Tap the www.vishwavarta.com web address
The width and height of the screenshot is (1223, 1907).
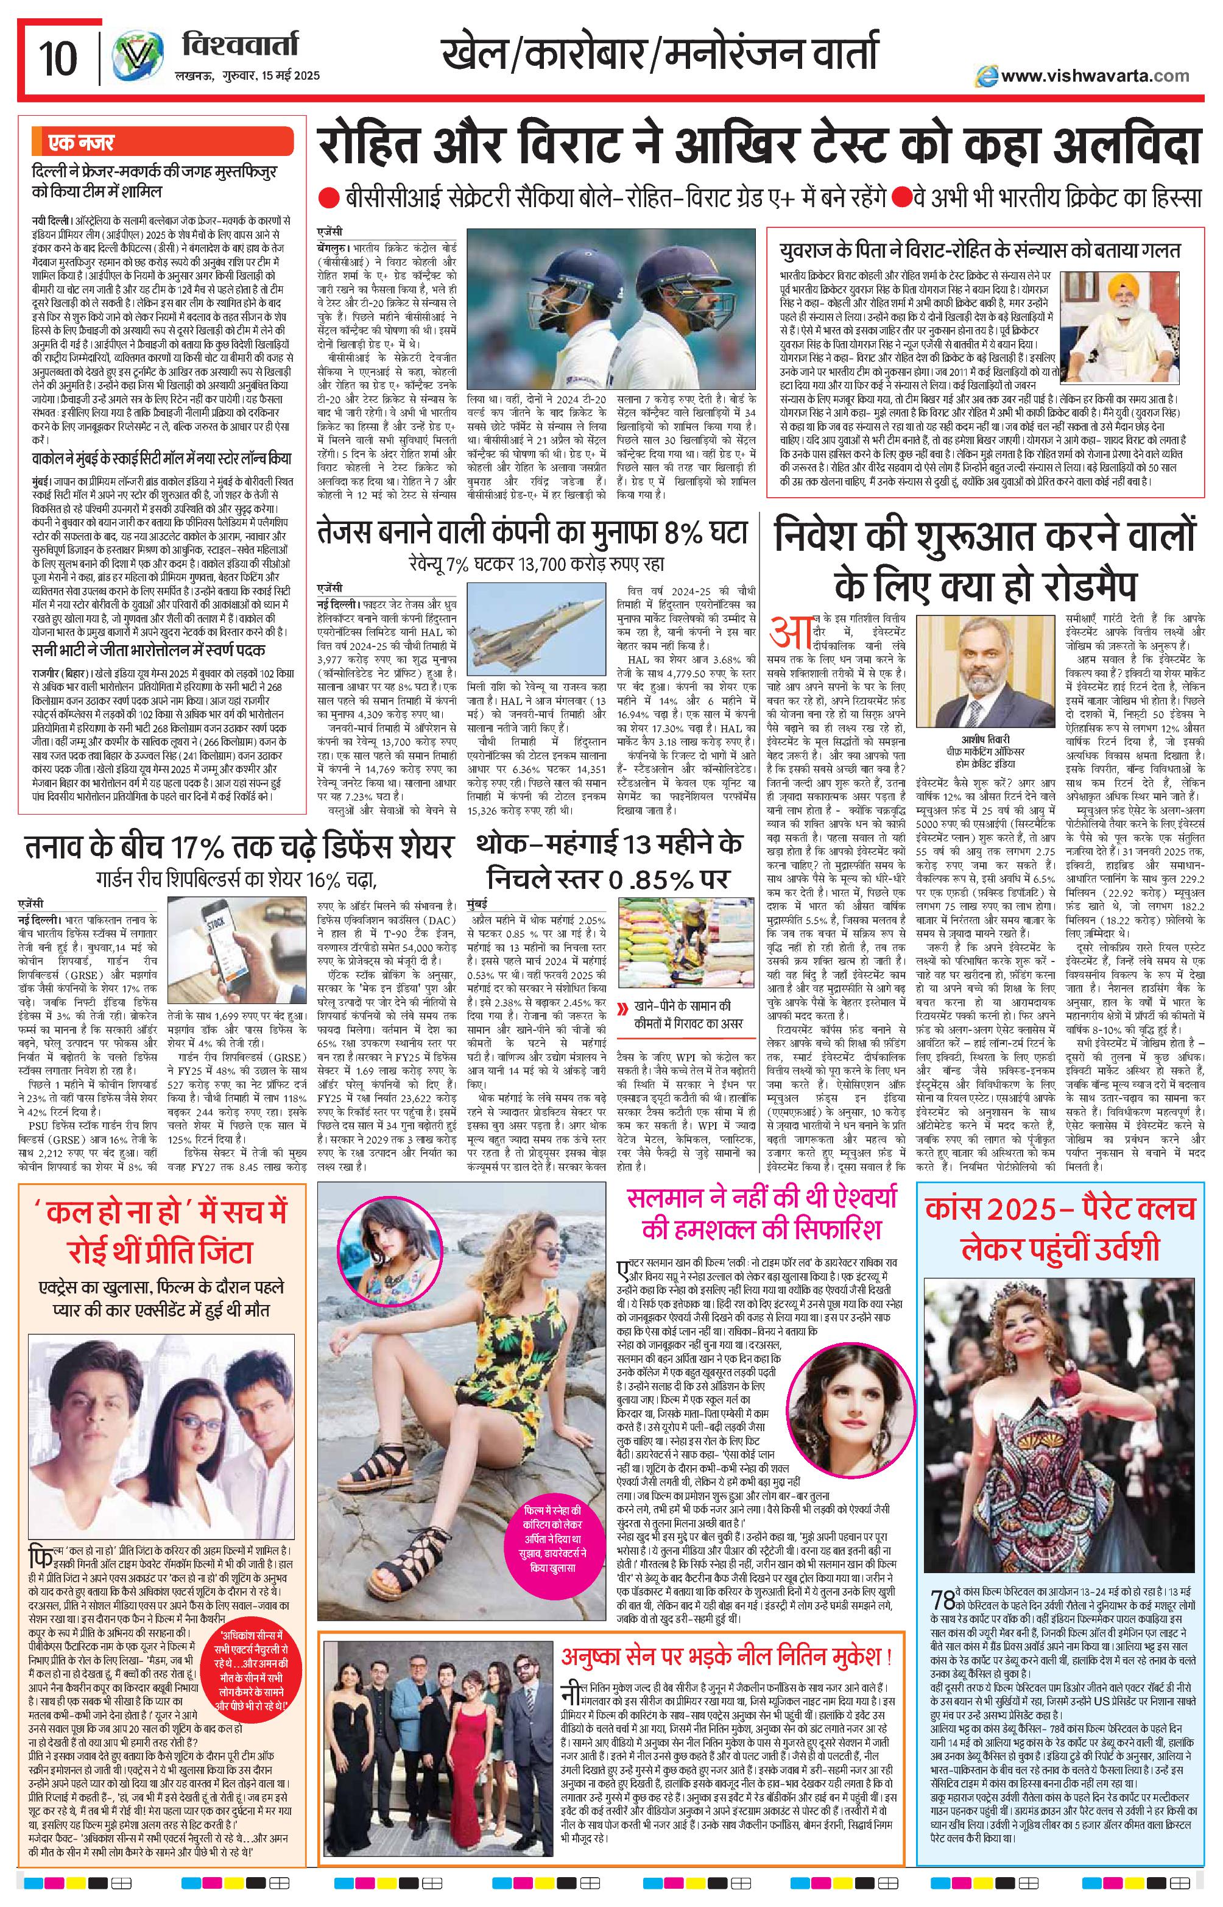(x=1084, y=76)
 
